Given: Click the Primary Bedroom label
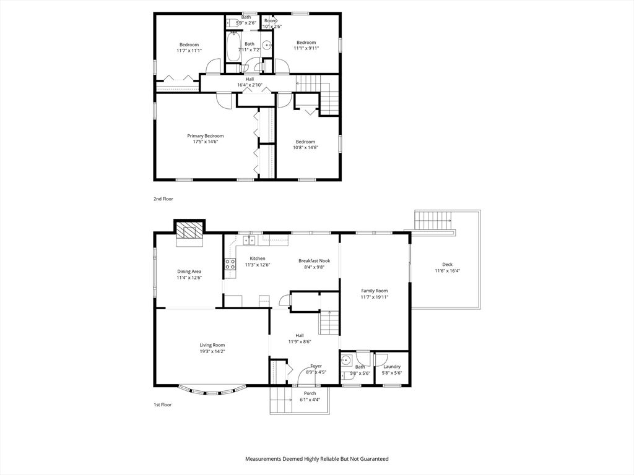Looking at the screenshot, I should [x=206, y=136].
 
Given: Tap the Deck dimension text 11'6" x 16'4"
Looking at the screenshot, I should [x=447, y=271].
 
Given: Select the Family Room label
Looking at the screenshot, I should [x=375, y=291].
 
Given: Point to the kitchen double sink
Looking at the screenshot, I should [x=249, y=239].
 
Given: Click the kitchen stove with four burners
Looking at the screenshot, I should [x=230, y=265].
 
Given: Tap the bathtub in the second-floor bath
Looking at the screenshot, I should [x=233, y=47].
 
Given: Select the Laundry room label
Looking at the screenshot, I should [x=392, y=367].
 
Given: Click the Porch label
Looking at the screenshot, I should [x=310, y=393].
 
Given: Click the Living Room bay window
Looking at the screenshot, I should [x=212, y=390].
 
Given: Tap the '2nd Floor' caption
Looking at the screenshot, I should [x=163, y=199].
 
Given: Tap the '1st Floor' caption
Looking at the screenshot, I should [x=163, y=404].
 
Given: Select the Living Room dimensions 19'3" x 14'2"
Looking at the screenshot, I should [x=212, y=352].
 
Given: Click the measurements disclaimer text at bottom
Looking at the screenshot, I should [x=316, y=459].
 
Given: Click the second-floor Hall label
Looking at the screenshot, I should [x=250, y=79].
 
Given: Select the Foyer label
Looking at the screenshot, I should [x=316, y=366].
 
